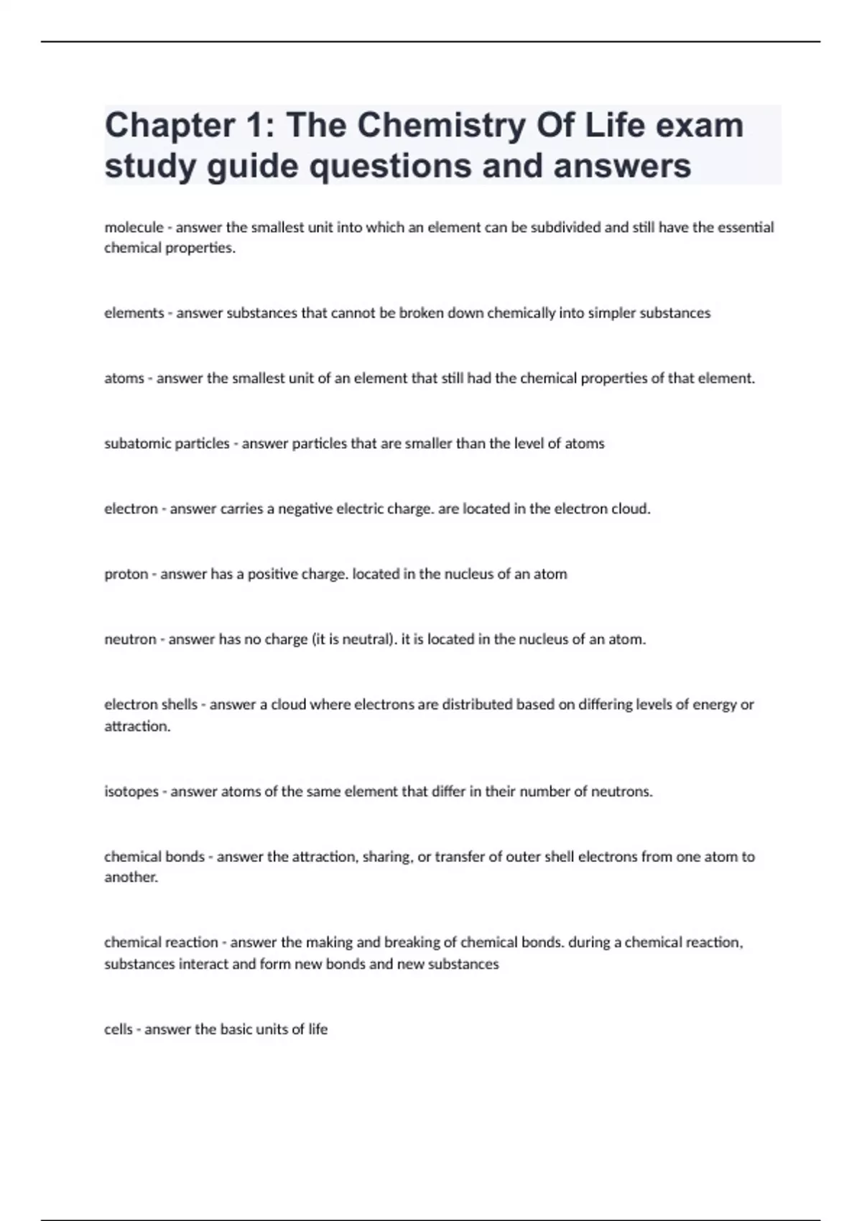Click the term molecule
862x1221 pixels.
pyautogui.click(x=134, y=228)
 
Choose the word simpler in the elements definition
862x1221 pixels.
pyautogui.click(x=612, y=313)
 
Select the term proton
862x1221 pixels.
pyautogui.click(x=126, y=575)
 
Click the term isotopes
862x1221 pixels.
pyautogui.click(x=131, y=792)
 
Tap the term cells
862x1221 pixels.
pyautogui.click(x=119, y=1030)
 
